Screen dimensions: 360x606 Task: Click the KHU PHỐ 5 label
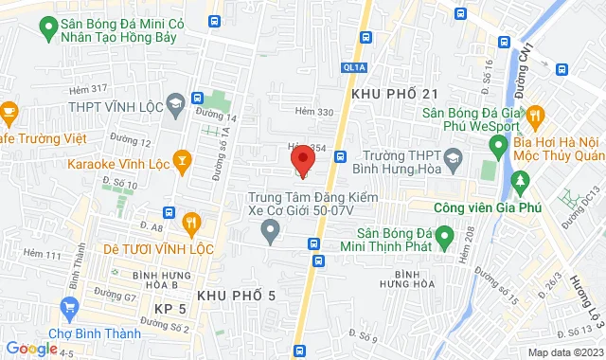point(236,297)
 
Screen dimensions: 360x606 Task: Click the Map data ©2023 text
point(564,352)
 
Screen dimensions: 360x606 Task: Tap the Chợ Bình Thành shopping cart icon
point(67,307)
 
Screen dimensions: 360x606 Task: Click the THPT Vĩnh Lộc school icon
point(175,102)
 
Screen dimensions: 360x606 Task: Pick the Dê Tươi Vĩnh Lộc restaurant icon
point(190,224)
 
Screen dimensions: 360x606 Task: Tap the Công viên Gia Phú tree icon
point(518,180)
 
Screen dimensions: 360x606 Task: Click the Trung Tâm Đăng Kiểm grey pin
point(272,227)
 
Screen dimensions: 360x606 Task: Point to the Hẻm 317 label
point(89,88)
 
